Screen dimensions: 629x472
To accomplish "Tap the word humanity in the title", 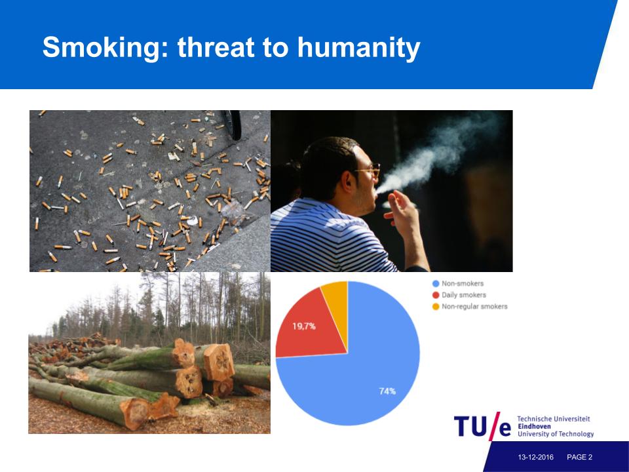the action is [x=358, y=47].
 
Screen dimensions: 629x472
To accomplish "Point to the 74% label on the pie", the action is [x=387, y=391].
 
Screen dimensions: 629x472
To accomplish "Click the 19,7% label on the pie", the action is [x=303, y=326].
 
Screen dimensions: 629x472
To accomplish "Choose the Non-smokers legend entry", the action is [x=458, y=283].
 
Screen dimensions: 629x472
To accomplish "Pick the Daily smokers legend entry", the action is [x=459, y=295].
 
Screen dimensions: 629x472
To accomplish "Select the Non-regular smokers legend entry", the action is [x=470, y=307].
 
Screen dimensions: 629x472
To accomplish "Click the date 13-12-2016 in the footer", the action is [x=535, y=457].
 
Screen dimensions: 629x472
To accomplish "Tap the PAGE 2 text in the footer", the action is [x=579, y=457].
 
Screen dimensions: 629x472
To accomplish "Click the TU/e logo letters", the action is [x=483, y=426].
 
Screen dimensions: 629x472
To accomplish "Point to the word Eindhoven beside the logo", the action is [x=534, y=426].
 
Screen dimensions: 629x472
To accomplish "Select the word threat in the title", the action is [x=216, y=47].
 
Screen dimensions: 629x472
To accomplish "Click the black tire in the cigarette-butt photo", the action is [x=233, y=125].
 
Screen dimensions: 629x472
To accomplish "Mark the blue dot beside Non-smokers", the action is [x=436, y=283].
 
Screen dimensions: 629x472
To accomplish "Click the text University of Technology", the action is [x=556, y=434].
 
